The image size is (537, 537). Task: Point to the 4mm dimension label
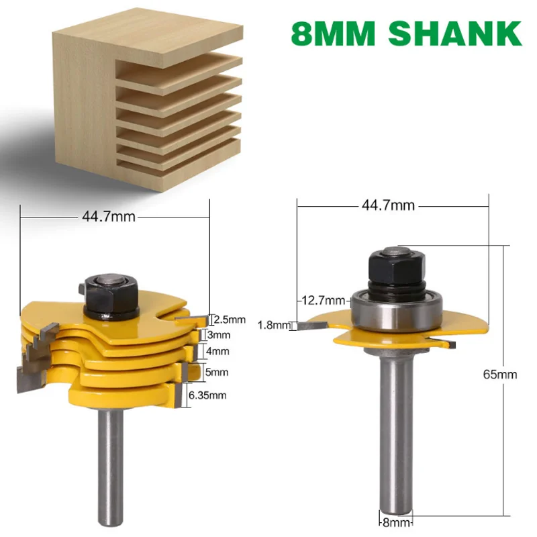pos(219,351)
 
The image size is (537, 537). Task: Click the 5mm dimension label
pos(219,371)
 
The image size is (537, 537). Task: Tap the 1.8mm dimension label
pos(273,326)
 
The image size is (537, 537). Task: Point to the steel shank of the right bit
pos(393,436)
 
